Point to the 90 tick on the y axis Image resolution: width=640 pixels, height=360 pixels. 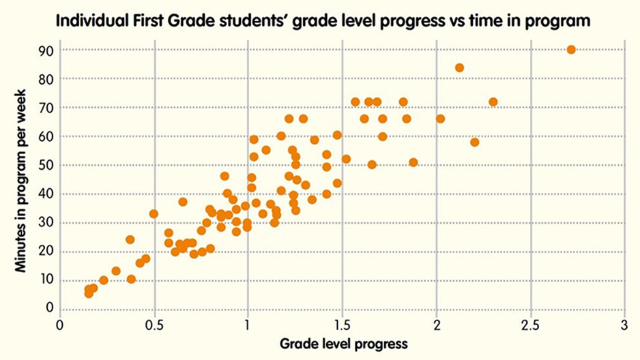[x=46, y=50]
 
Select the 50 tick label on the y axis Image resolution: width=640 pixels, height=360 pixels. [x=46, y=165]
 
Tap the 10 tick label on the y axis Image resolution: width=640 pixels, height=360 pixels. [x=46, y=280]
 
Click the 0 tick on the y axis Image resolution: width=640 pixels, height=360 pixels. [x=49, y=307]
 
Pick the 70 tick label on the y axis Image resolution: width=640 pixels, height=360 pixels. [x=46, y=108]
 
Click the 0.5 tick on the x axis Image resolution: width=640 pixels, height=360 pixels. [x=154, y=324]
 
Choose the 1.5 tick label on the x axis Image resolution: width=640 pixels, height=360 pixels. [x=343, y=324]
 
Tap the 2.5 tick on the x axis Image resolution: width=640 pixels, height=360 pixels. [x=530, y=324]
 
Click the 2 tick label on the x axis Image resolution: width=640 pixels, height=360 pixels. [x=437, y=324]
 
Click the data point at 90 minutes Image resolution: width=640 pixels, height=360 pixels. [x=571, y=50]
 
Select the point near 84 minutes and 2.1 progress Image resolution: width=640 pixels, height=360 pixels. [x=459, y=67]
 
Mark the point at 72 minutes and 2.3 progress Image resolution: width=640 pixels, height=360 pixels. [x=493, y=102]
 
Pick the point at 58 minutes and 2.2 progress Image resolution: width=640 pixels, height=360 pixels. [x=475, y=142]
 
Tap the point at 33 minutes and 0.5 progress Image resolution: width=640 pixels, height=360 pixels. [x=154, y=213]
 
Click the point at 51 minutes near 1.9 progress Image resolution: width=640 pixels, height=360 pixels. [x=413, y=162]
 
